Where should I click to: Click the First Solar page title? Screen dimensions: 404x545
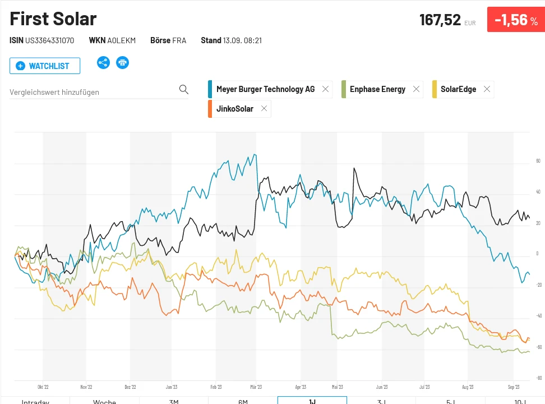(53, 19)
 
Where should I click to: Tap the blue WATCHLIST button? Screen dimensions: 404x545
(45, 66)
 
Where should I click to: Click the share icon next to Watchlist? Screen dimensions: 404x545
(103, 62)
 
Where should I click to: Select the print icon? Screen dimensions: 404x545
(122, 62)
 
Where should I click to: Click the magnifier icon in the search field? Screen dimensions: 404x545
(183, 90)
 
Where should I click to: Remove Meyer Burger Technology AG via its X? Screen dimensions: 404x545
(325, 89)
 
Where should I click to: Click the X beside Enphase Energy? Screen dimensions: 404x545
(416, 89)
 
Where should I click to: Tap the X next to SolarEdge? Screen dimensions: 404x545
(487, 89)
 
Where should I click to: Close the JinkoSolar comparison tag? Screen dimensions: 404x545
(264, 109)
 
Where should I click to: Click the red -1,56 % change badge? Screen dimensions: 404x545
(515, 20)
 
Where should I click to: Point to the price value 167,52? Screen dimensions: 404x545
(440, 20)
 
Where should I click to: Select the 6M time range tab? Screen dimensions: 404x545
(243, 401)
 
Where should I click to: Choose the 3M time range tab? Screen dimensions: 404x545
(174, 401)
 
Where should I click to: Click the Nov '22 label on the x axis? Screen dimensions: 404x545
(86, 387)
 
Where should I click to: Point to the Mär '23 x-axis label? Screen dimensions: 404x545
(256, 387)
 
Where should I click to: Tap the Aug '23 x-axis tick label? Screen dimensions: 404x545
(468, 387)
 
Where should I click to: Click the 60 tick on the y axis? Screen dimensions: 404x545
(538, 162)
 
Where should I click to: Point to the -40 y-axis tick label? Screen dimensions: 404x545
(538, 316)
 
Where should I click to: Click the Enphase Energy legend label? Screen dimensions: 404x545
(377, 89)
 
